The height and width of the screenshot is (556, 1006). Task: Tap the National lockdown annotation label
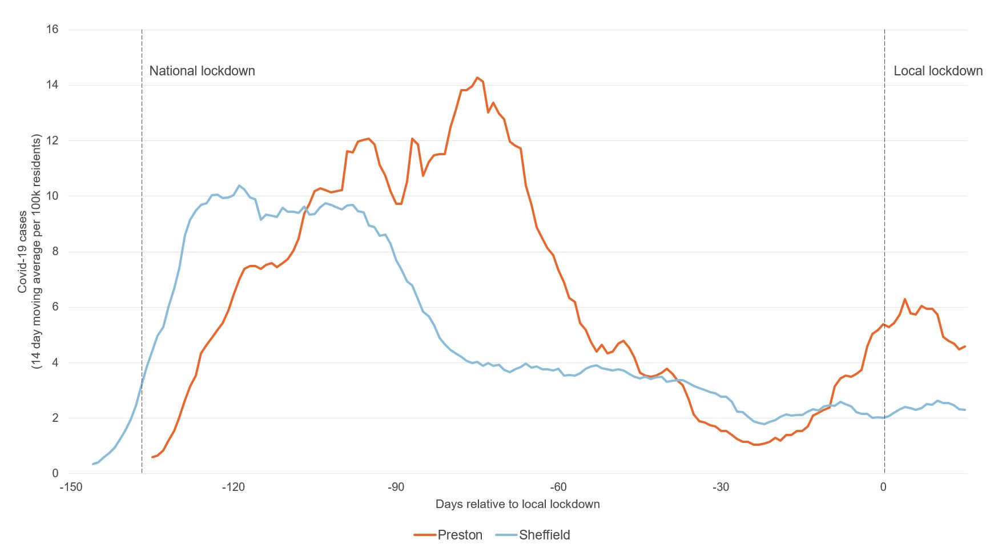pyautogui.click(x=202, y=71)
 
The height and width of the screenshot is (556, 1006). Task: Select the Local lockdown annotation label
pyautogui.click(x=938, y=71)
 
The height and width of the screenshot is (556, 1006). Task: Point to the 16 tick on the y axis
pyautogui.click(x=52, y=29)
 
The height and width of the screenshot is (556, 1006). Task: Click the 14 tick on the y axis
pyautogui.click(x=52, y=85)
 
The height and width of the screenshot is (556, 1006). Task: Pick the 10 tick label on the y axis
pyautogui.click(x=52, y=196)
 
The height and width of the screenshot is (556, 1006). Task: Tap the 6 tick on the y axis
pyautogui.click(x=55, y=307)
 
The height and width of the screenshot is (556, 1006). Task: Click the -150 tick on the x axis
pyautogui.click(x=68, y=487)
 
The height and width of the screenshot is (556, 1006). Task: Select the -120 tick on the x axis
pyautogui.click(x=232, y=487)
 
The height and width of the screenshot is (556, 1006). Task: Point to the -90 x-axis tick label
pyautogui.click(x=395, y=487)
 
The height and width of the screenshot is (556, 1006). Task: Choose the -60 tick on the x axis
pyautogui.click(x=558, y=487)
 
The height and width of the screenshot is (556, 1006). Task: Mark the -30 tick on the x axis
pyautogui.click(x=721, y=487)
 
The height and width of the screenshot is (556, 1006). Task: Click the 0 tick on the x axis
pyautogui.click(x=883, y=487)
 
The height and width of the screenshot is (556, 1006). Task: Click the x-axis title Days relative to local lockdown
pyautogui.click(x=517, y=504)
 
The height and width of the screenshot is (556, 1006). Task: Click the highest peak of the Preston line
pyautogui.click(x=477, y=78)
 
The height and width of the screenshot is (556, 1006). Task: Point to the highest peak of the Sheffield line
pyautogui.click(x=239, y=186)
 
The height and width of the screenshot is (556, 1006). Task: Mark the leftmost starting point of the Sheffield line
pyautogui.click(x=93, y=464)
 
